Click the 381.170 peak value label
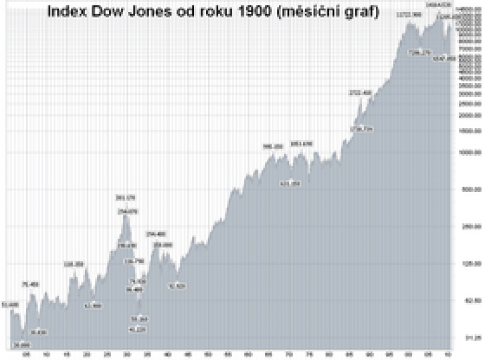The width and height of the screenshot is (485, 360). pyautogui.click(x=125, y=197)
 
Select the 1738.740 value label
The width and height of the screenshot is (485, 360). pyautogui.click(x=361, y=129)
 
